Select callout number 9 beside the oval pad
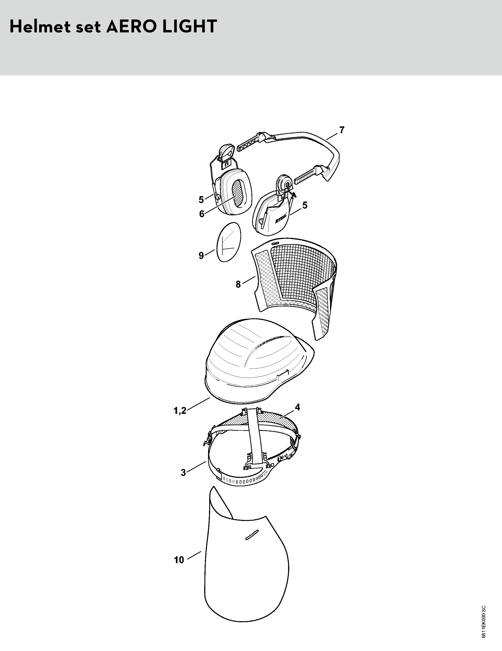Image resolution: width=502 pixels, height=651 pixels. (202, 255)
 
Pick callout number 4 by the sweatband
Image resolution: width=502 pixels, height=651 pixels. (298, 407)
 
